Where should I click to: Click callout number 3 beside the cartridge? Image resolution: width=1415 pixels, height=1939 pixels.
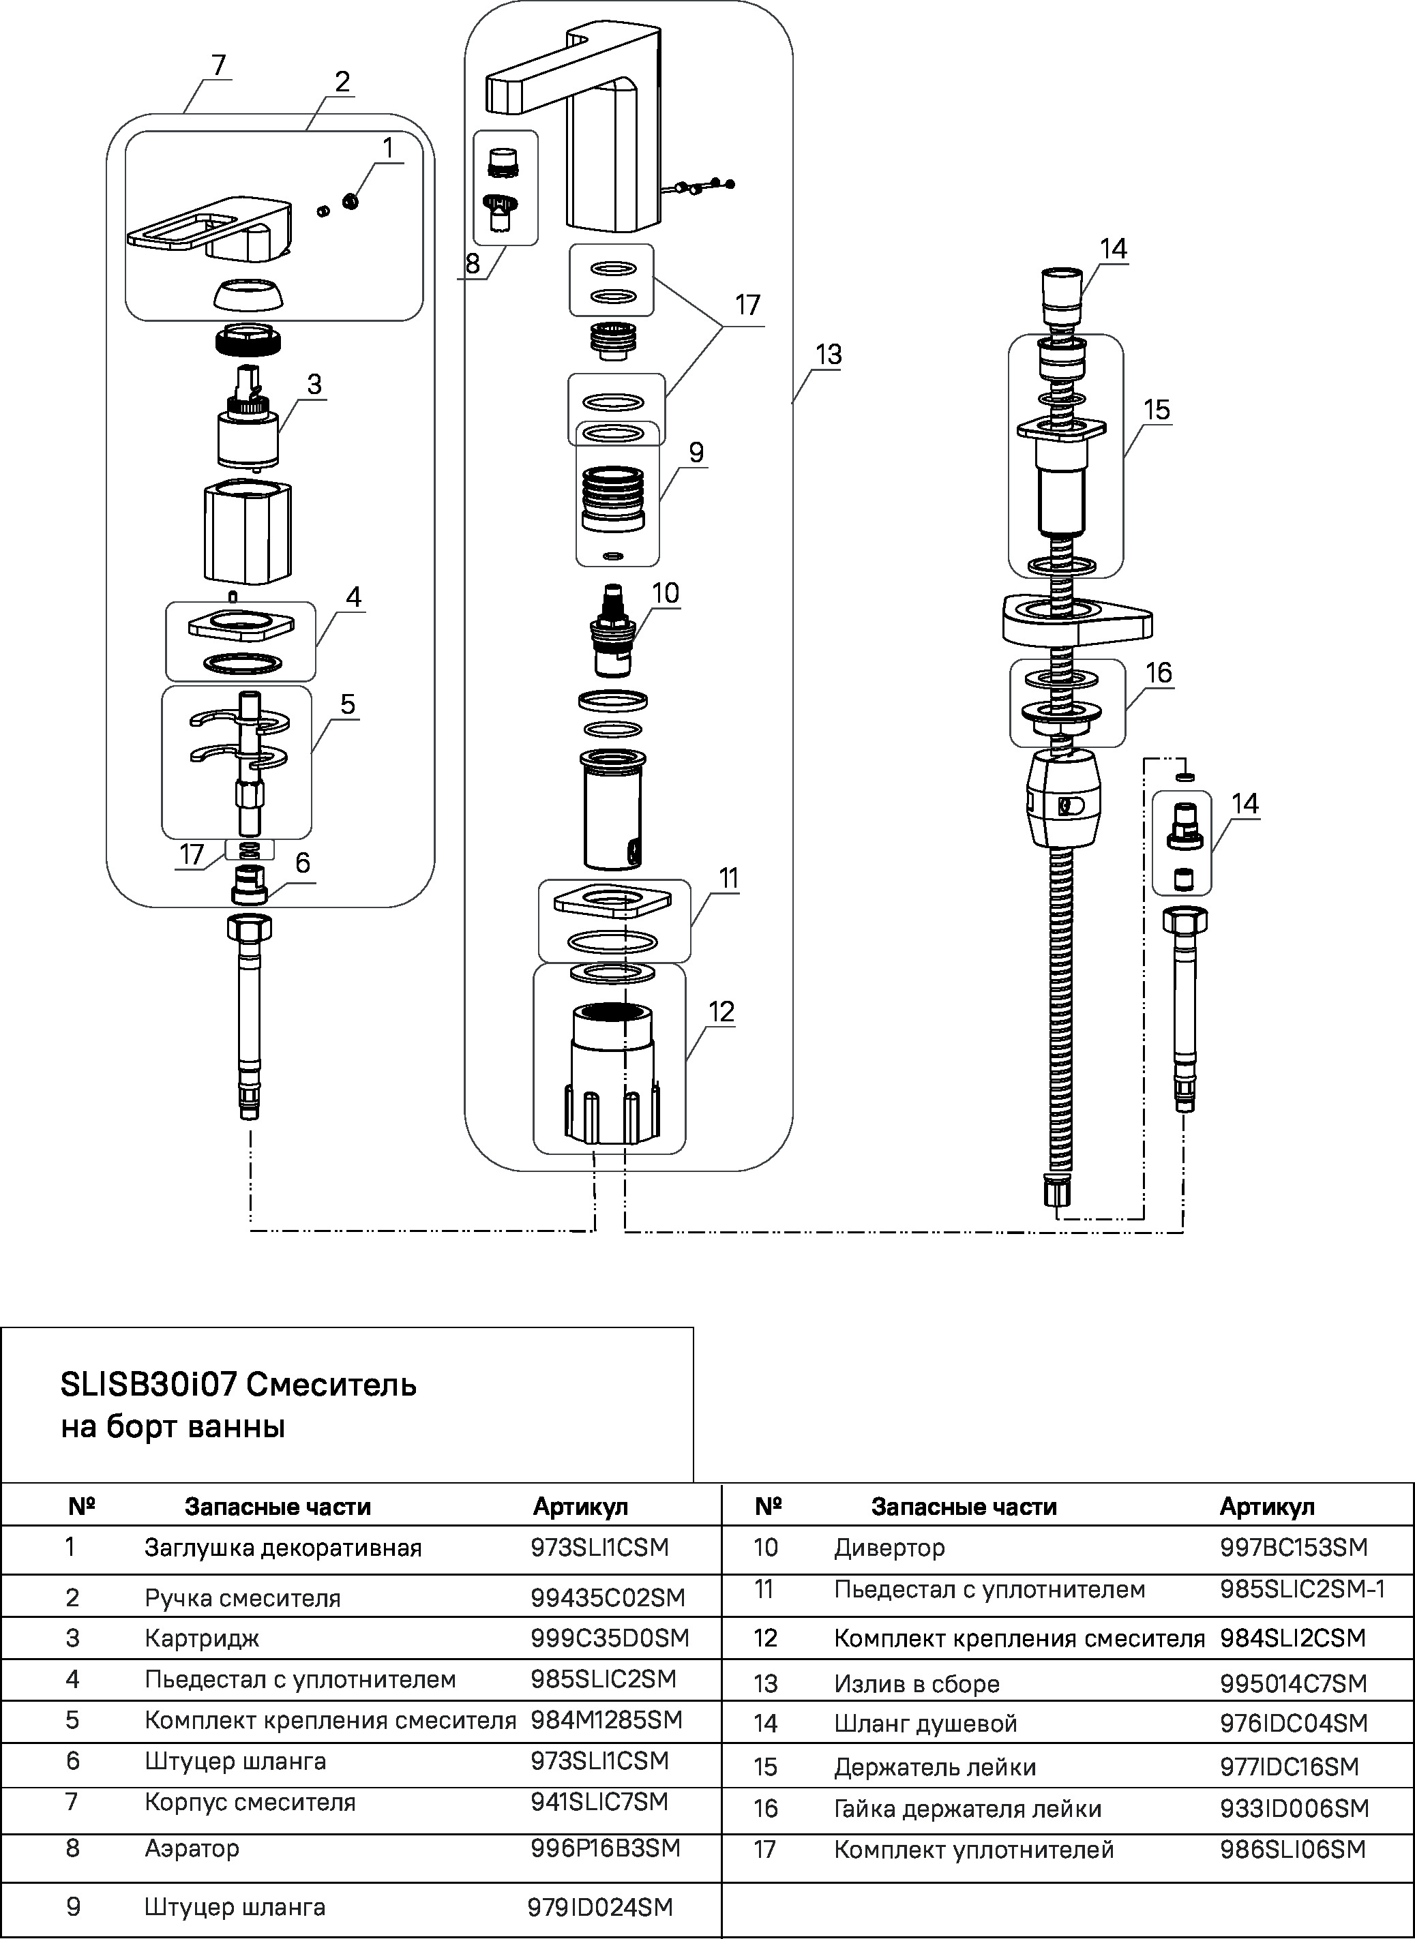[314, 385]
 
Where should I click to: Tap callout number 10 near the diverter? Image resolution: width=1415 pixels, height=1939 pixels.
[665, 592]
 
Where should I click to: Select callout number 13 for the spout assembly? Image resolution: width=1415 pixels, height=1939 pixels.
[829, 355]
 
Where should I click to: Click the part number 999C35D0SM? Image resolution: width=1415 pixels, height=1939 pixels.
[609, 1638]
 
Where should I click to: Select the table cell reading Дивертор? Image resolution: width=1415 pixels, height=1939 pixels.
[889, 1548]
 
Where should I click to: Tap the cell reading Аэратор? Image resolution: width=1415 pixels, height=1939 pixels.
[192, 1848]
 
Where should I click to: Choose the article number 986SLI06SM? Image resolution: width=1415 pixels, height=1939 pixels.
[1292, 1850]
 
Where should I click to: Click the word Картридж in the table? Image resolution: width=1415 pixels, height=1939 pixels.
[201, 1638]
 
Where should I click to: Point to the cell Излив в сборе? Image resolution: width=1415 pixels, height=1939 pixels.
[917, 1684]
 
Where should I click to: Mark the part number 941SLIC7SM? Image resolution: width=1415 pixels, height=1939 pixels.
[599, 1802]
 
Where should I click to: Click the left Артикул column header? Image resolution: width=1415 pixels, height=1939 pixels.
[580, 1507]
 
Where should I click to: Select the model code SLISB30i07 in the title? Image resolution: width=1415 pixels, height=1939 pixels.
[147, 1384]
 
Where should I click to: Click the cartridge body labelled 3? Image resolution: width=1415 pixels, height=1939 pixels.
[248, 437]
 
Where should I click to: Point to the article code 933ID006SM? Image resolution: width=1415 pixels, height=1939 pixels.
[1294, 1808]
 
